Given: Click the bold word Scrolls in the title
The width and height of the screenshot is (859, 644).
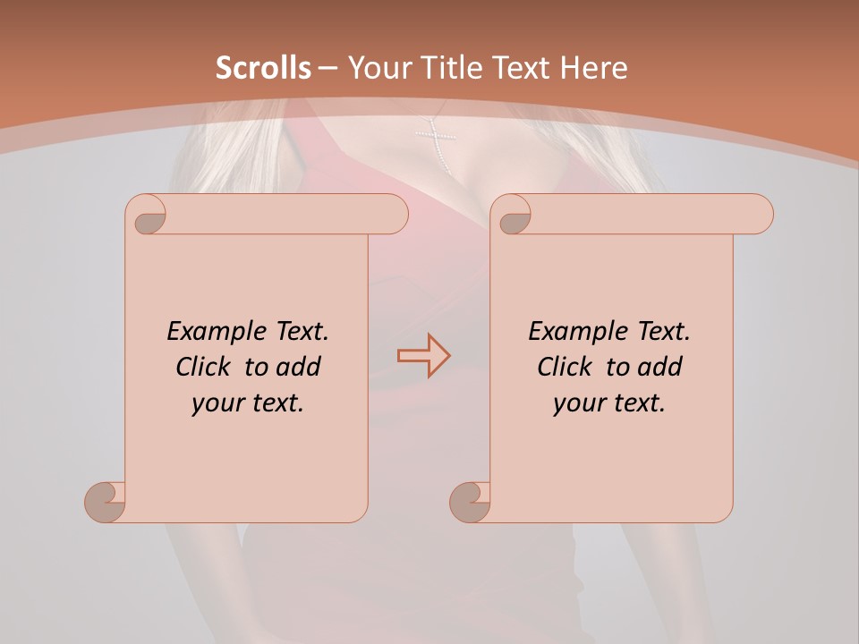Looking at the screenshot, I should [x=263, y=68].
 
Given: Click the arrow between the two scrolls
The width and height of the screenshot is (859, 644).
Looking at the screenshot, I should [x=423, y=356].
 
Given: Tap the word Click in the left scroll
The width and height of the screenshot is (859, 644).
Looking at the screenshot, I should [x=205, y=368].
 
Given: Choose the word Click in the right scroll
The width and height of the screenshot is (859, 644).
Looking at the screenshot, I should [x=566, y=368].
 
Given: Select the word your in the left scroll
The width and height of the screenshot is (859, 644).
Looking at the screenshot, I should [x=217, y=404].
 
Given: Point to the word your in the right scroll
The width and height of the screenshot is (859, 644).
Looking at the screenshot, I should [x=579, y=404].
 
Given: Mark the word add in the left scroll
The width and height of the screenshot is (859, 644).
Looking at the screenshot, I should [x=298, y=368].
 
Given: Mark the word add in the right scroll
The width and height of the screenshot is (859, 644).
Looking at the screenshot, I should [x=659, y=368].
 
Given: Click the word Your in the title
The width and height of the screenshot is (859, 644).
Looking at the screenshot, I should [x=375, y=68].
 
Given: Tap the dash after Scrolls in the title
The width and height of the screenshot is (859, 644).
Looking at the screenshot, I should [x=327, y=68].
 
